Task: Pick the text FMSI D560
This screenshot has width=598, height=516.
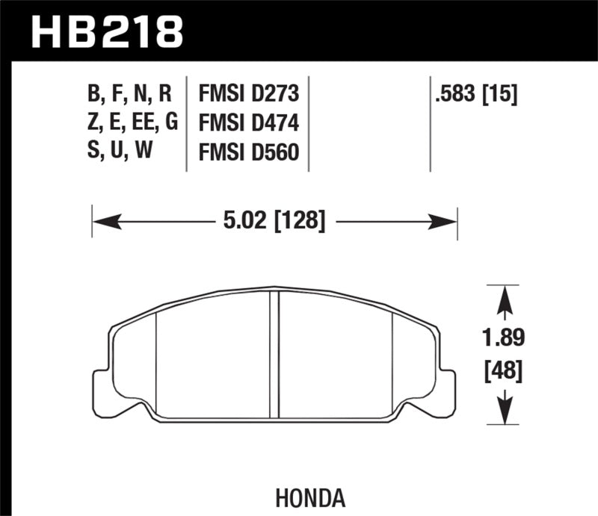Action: click(248, 152)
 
